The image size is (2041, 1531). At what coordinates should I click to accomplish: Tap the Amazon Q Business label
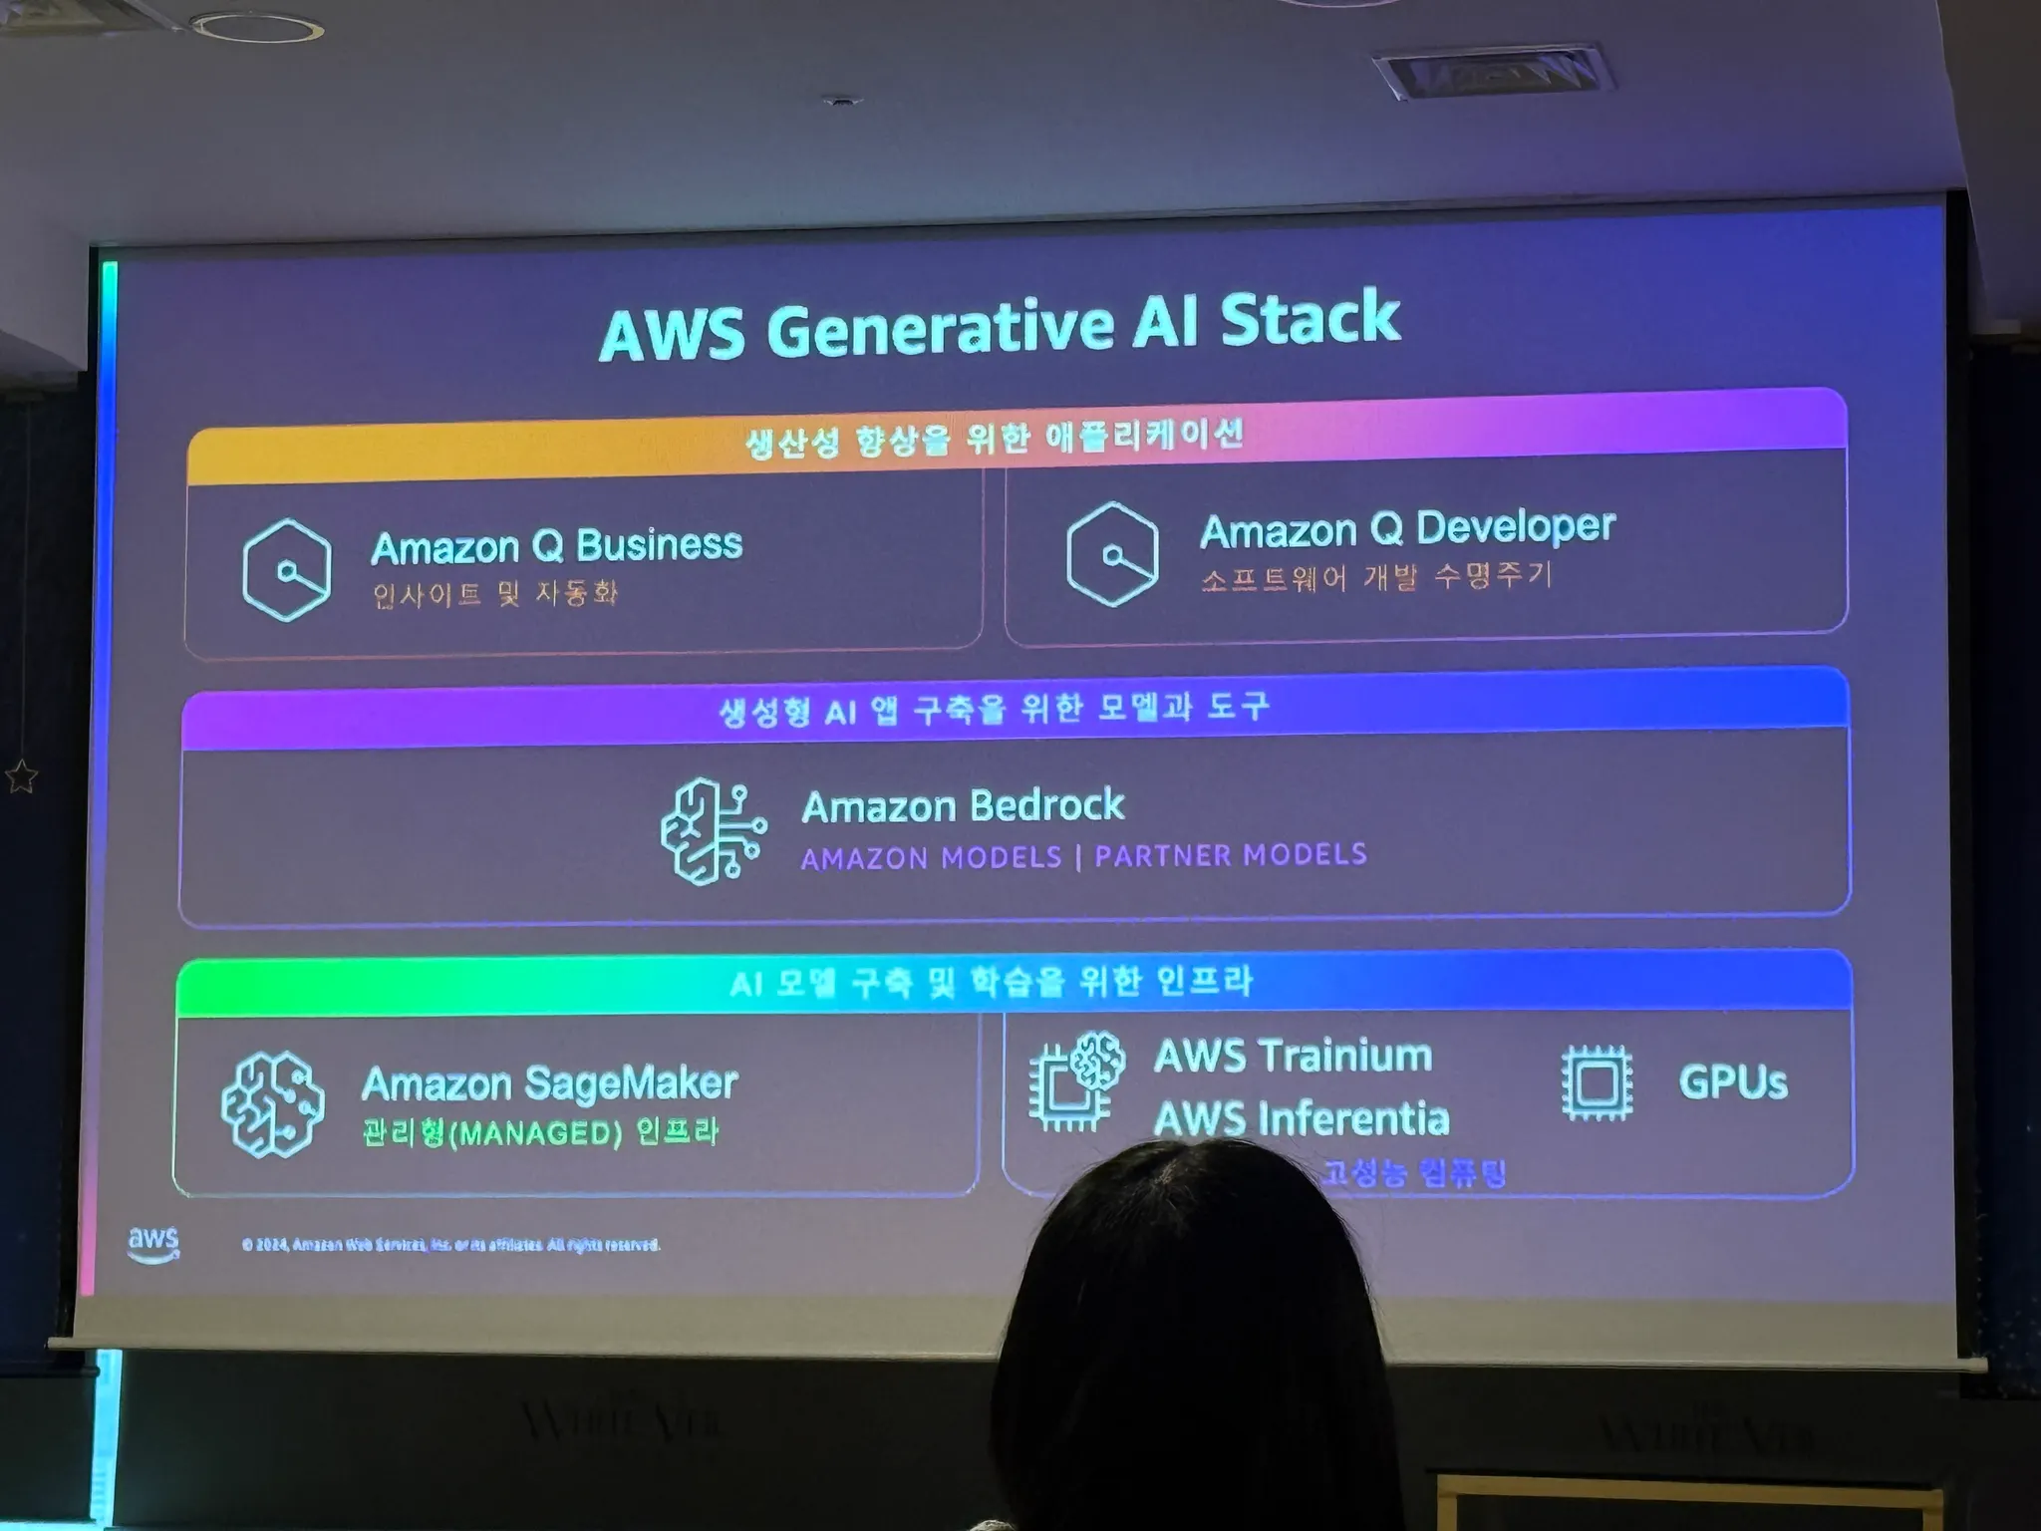click(556, 546)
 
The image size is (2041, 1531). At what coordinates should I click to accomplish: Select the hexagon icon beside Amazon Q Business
click(287, 570)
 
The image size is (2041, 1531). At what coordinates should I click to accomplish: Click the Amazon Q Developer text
click(1406, 528)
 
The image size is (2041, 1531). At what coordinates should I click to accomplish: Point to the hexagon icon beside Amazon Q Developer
click(1111, 554)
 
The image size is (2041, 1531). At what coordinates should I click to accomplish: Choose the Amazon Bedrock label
click(963, 805)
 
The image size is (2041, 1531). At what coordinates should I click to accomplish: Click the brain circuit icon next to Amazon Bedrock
click(713, 831)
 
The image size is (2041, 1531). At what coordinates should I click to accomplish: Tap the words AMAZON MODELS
click(931, 858)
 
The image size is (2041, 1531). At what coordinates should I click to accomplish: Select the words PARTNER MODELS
click(1231, 855)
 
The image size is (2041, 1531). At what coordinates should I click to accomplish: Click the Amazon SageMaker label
click(549, 1083)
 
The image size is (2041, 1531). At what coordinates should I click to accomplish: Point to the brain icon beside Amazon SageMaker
click(272, 1104)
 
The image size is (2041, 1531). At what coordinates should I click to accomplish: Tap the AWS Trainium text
click(1293, 1056)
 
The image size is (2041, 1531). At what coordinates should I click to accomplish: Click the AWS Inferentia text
click(1301, 1118)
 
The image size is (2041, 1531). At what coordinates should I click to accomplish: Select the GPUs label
click(1732, 1082)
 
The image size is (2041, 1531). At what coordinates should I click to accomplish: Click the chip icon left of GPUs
click(1597, 1082)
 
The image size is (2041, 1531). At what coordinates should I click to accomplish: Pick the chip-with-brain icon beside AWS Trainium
click(1076, 1081)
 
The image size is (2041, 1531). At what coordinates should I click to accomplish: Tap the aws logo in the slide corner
click(153, 1242)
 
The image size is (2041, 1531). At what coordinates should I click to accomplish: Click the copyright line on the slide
click(450, 1245)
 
